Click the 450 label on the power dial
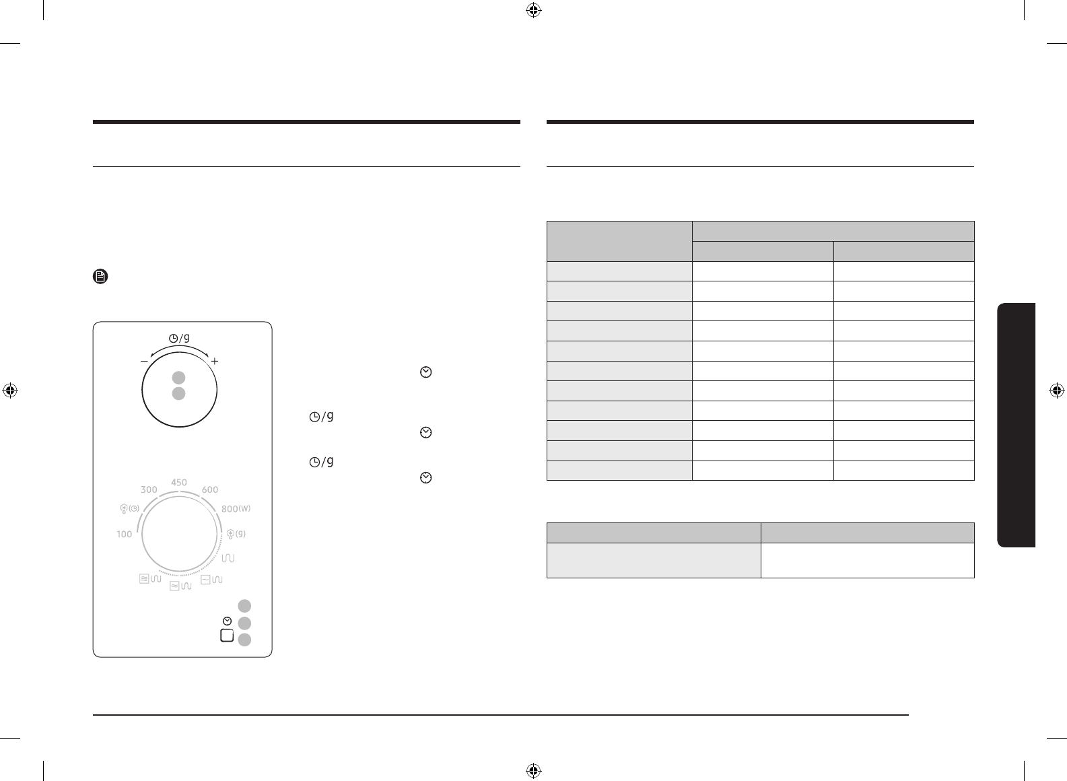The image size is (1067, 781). (x=179, y=482)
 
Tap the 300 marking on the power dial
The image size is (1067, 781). (x=149, y=489)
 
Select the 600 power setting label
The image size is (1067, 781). (x=210, y=489)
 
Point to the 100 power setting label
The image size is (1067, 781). (x=125, y=534)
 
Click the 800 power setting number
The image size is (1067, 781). (x=230, y=509)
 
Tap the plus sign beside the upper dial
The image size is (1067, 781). (x=215, y=361)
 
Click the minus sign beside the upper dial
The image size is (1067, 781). (x=144, y=361)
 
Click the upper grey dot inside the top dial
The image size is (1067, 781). (x=178, y=378)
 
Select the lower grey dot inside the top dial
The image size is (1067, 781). (x=178, y=394)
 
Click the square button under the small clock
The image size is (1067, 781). (x=228, y=636)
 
